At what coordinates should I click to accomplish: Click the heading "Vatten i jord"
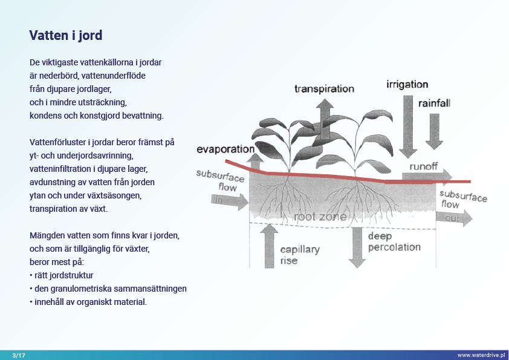pos(66,35)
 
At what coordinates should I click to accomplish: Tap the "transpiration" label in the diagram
pos(324,89)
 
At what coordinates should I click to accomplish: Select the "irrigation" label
pos(407,85)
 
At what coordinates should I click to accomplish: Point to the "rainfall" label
pos(434,103)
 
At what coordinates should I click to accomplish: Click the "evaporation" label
pos(225,149)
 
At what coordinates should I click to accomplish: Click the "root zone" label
pos(320,217)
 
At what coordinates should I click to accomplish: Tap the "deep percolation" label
pos(394,242)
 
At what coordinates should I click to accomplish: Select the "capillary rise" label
pos(300,255)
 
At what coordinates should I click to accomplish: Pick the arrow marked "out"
pos(453,218)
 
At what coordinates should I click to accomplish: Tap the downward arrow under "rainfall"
pos(434,130)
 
